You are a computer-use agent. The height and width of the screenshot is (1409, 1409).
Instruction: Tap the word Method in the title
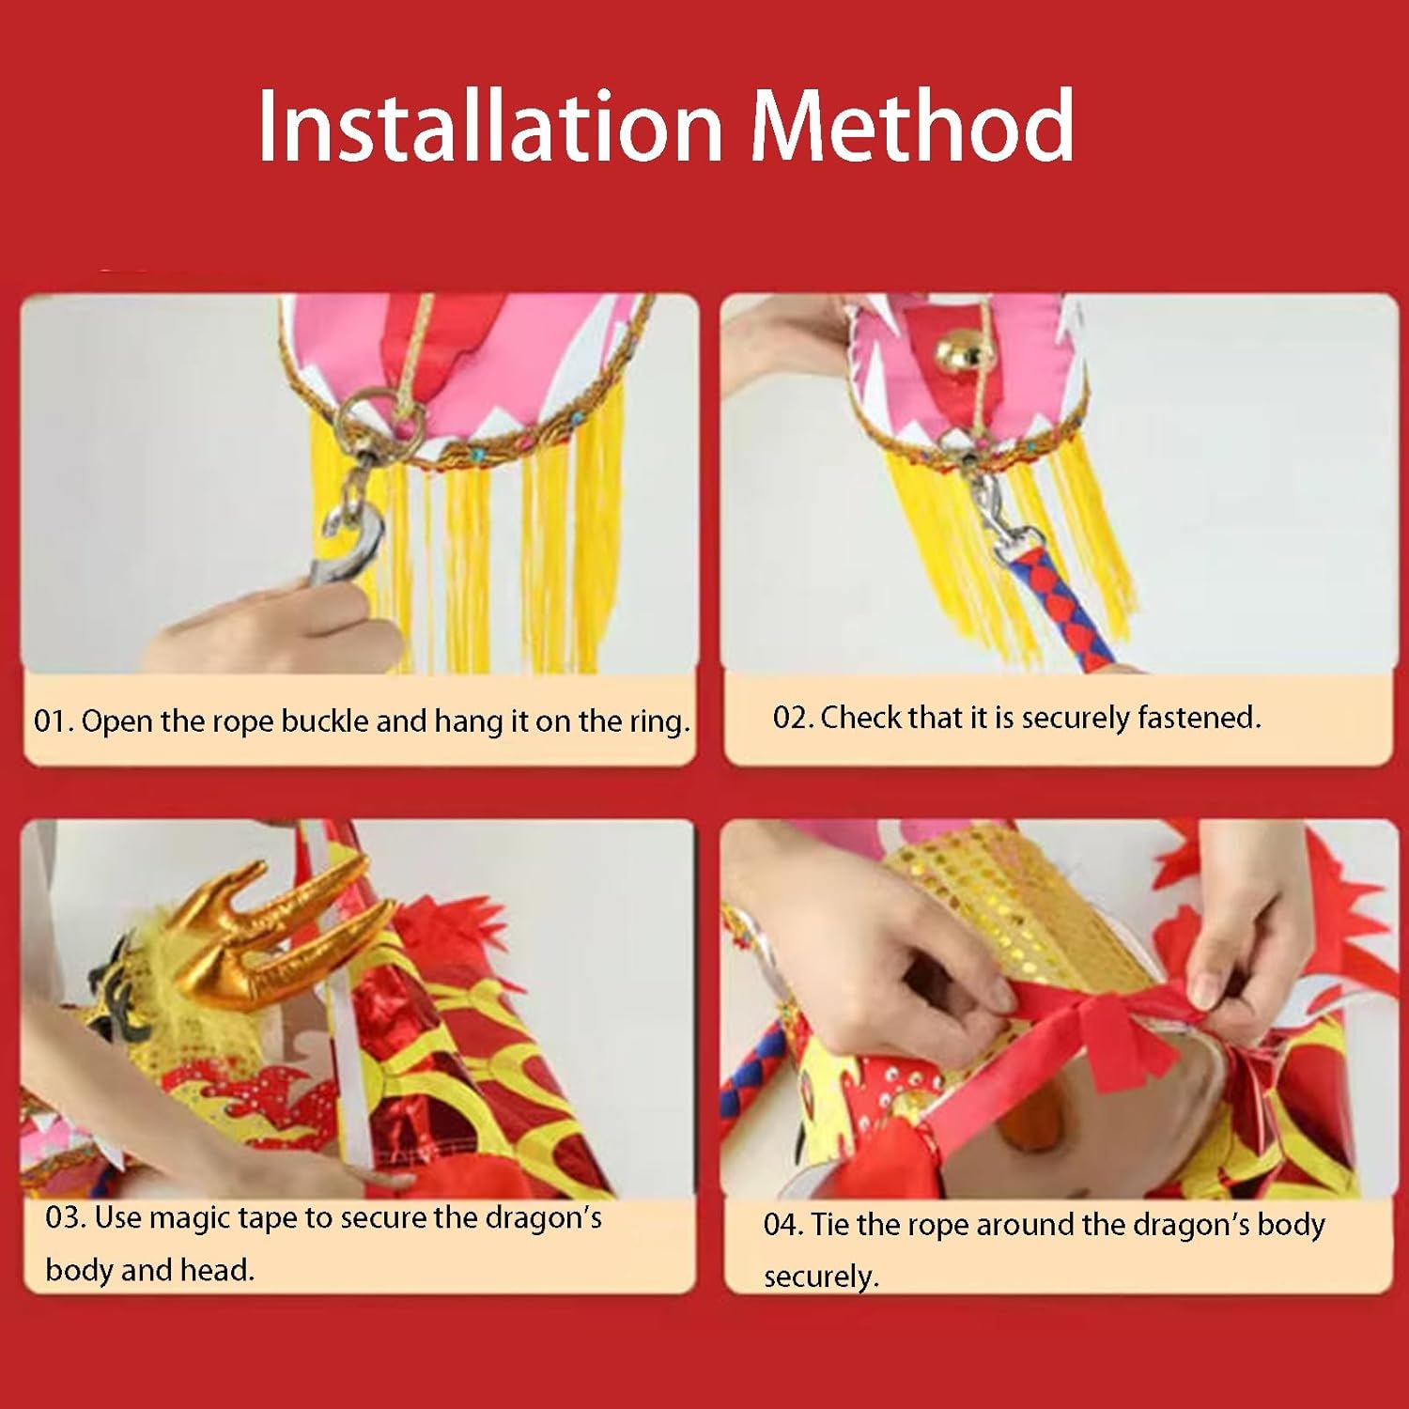(x=912, y=125)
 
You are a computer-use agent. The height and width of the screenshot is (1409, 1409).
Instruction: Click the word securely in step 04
(x=821, y=1277)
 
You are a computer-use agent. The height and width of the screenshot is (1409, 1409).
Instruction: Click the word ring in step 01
(x=659, y=722)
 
